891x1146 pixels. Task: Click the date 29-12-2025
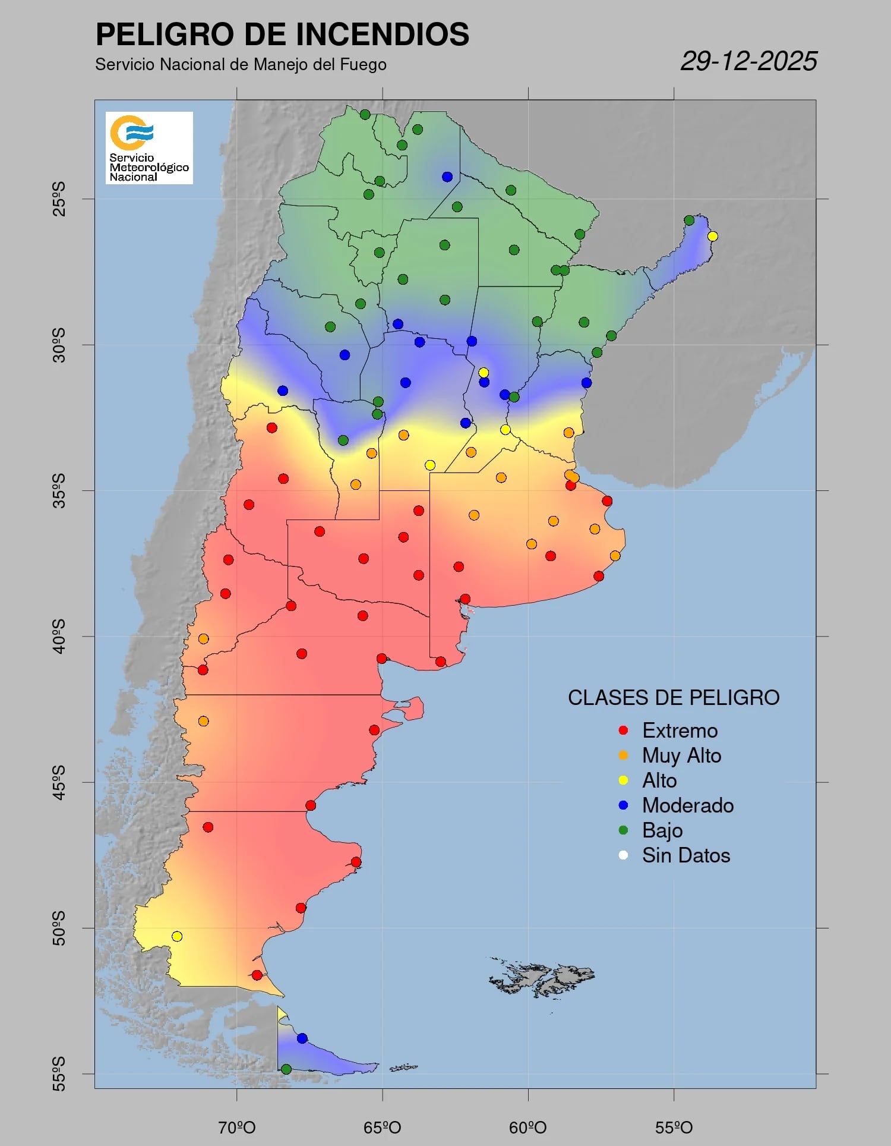click(x=748, y=61)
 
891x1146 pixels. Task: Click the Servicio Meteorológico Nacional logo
click(x=149, y=147)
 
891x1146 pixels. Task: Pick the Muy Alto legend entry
click(x=681, y=755)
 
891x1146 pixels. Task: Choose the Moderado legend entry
click(x=687, y=805)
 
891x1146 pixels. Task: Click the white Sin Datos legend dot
click(x=623, y=855)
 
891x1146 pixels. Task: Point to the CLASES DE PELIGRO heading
click(x=674, y=698)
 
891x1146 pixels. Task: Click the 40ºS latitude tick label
click(x=59, y=636)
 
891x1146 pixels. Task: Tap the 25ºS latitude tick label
click(x=59, y=199)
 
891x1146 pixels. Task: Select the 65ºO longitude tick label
click(x=382, y=1128)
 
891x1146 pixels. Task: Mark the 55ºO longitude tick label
click(x=674, y=1128)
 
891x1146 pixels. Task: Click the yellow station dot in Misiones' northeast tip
click(x=713, y=237)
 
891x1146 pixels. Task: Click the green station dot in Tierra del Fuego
click(x=286, y=1069)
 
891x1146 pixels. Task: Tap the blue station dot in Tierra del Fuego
click(x=302, y=1038)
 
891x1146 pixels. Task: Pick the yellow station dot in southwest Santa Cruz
click(x=177, y=936)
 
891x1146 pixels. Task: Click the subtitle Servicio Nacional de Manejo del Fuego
click(x=241, y=65)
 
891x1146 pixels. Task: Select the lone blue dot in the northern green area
click(x=447, y=177)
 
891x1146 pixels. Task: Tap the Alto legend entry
click(x=659, y=780)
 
